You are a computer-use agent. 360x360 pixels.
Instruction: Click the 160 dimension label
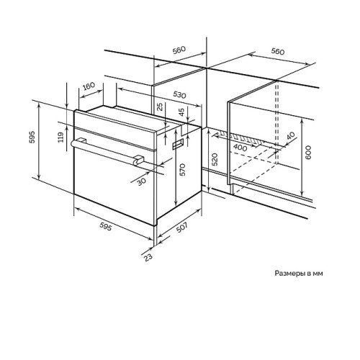89,86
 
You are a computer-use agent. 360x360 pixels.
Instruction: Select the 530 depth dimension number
179,95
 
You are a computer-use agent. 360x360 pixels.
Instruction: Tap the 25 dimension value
161,107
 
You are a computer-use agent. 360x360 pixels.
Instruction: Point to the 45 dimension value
182,112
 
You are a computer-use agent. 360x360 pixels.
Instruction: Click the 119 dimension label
61,138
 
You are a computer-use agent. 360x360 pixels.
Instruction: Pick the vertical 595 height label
32,137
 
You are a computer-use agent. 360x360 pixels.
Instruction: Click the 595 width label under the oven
106,226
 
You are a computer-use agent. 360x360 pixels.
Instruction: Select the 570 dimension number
182,170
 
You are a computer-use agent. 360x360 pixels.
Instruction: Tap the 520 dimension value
215,159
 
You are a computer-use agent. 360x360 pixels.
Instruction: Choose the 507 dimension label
181,228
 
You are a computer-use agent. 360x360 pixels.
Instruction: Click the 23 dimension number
148,257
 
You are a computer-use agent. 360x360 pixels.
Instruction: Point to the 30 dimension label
142,181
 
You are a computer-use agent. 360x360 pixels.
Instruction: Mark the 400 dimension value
240,148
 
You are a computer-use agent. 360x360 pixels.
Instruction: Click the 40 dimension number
290,136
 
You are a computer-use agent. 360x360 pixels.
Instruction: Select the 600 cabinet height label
308,152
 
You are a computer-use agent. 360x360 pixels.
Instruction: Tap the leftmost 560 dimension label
179,50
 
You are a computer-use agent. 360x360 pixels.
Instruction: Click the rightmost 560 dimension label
278,51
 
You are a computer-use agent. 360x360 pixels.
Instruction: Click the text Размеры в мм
299,274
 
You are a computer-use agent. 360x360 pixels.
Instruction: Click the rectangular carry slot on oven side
178,145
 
